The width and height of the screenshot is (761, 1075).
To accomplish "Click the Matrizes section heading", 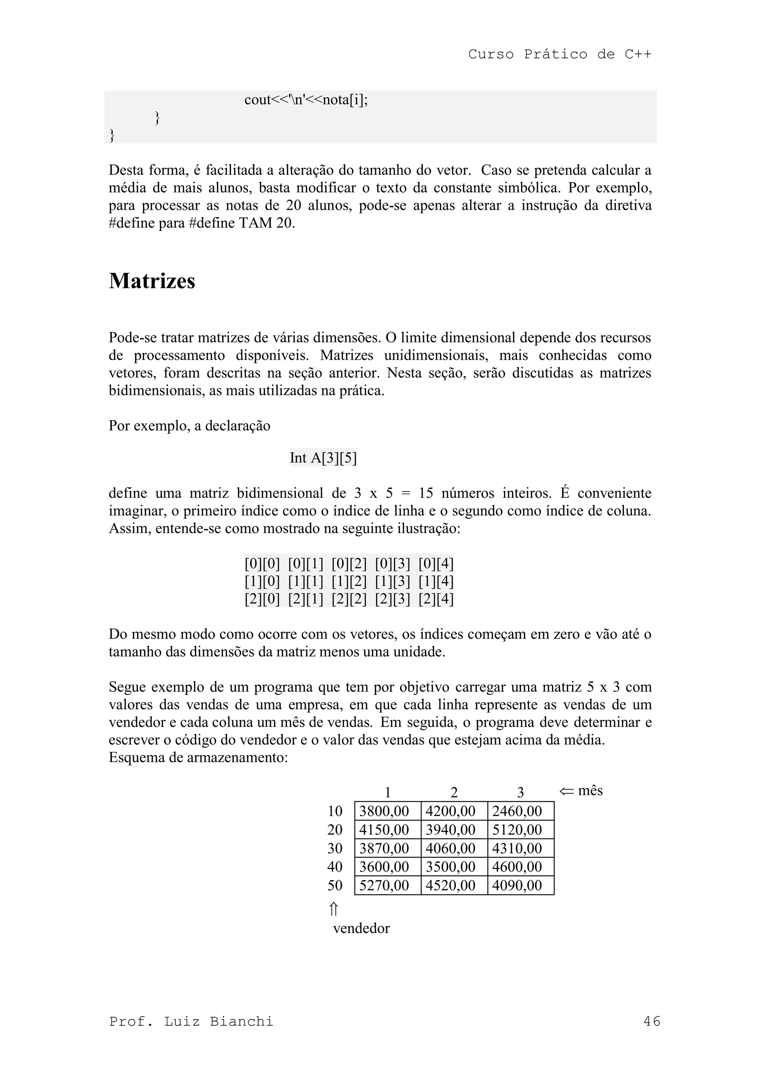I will [152, 281].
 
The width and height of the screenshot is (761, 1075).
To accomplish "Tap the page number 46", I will [652, 1021].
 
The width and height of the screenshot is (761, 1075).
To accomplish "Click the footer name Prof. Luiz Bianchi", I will [191, 1021].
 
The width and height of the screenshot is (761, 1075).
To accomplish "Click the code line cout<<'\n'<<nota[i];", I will [306, 100].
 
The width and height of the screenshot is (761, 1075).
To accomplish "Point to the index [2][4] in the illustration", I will [436, 599].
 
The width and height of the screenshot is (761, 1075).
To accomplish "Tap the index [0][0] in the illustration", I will [262, 564].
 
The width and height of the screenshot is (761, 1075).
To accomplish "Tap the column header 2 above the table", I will [454, 793].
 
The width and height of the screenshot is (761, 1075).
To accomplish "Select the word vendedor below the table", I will [361, 928].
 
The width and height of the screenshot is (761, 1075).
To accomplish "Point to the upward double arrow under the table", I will [334, 909].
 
